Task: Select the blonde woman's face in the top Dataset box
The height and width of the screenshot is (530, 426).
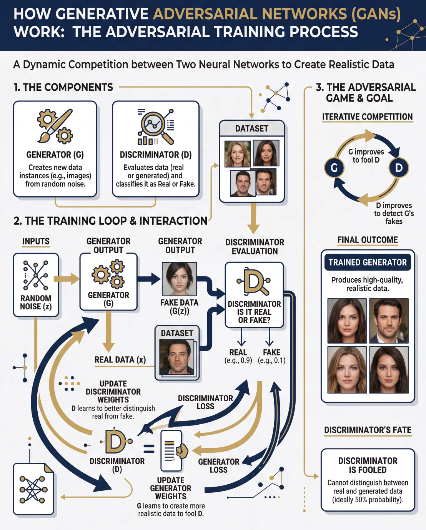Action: point(237,154)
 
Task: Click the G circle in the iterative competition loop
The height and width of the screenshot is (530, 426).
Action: point(334,168)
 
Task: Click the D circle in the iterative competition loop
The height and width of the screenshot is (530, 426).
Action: point(399,168)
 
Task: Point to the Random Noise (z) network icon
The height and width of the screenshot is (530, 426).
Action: point(36,275)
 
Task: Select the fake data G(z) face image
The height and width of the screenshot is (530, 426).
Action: point(179,279)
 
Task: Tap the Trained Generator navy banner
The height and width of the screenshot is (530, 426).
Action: point(368,263)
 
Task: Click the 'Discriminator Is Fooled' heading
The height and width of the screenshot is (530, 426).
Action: point(368,465)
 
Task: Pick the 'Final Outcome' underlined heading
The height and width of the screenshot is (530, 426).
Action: point(368,240)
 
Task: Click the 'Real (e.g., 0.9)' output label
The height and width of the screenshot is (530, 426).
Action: point(238,356)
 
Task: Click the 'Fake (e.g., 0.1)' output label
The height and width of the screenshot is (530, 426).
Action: point(271,356)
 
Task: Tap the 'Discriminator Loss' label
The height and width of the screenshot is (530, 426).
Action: point(205,402)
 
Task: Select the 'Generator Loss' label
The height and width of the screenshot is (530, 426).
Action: point(218,465)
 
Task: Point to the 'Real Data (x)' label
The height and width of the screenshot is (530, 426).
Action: point(120,360)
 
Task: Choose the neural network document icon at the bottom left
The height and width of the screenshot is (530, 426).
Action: point(33,489)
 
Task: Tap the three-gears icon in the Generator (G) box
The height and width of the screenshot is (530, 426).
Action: point(108,274)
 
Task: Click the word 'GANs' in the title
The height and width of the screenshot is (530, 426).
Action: point(376,14)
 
